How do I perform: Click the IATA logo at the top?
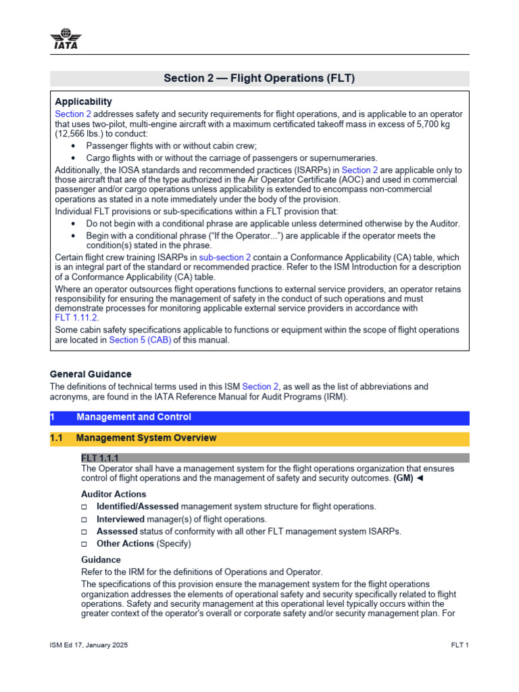coord(64,39)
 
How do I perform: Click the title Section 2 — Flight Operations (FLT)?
coord(259,78)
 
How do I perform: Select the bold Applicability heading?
coord(83,102)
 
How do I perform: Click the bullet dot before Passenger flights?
coord(74,146)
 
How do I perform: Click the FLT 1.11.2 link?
coord(76,317)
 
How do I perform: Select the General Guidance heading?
coord(91,374)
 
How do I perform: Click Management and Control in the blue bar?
coord(133,417)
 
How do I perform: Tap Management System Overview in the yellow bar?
coord(146,438)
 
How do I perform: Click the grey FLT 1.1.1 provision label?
coord(100,458)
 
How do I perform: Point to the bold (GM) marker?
coord(403,478)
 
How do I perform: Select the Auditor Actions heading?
coord(114,494)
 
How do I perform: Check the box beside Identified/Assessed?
coord(84,507)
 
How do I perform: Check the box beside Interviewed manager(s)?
coord(84,520)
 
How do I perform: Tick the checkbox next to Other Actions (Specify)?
coord(84,544)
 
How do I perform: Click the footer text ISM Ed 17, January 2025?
coord(89,645)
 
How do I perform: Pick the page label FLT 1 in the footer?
coord(460,645)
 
